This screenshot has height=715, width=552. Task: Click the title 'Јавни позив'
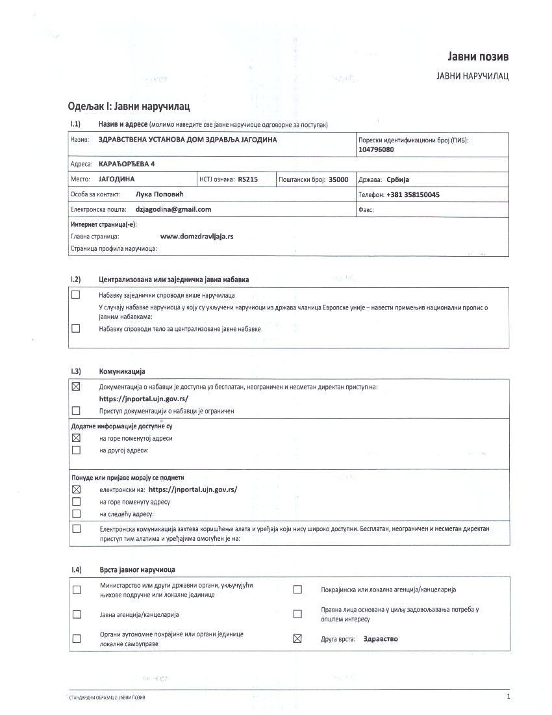coord(478,56)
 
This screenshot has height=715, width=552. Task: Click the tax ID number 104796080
coord(376,149)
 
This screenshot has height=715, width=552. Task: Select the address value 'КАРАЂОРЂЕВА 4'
coord(127,164)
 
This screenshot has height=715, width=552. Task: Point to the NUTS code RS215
coord(248,179)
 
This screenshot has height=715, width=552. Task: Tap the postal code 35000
coord(338,179)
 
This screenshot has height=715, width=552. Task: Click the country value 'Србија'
coord(398,179)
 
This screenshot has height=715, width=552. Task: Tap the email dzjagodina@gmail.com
coord(173,209)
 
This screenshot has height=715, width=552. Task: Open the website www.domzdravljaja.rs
coord(197,236)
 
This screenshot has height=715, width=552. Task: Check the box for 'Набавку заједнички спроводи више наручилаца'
coord(76,294)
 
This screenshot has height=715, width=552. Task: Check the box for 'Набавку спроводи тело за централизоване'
coord(76,328)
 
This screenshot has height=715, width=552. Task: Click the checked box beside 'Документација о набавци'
coord(76,387)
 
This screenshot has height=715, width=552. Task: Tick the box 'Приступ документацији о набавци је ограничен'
coord(76,410)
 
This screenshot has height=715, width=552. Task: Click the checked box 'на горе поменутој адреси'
coord(76,438)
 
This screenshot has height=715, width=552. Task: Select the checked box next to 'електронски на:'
coord(76,489)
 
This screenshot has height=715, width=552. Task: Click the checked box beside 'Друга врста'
coord(297,638)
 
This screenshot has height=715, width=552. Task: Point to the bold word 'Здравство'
coord(381,638)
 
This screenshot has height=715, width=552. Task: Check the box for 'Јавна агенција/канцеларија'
coord(77,614)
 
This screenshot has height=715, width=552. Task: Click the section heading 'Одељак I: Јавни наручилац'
coord(129,105)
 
